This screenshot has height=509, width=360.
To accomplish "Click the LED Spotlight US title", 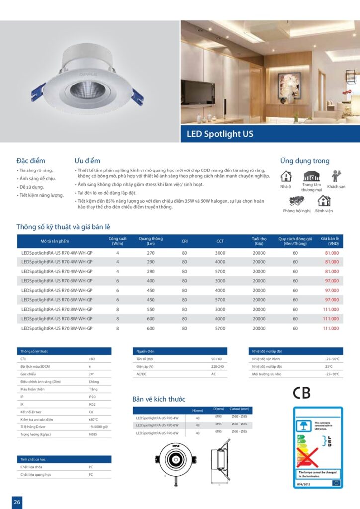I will [x=220, y=134].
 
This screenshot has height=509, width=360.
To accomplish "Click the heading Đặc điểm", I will [x=31, y=161].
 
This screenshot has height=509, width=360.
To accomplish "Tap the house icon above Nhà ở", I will [x=286, y=176].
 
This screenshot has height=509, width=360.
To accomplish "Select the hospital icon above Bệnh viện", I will [x=324, y=200].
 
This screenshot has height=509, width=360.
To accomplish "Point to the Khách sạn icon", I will [x=336, y=176].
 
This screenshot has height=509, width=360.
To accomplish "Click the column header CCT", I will [x=220, y=241].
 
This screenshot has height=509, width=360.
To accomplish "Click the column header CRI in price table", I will [x=184, y=241].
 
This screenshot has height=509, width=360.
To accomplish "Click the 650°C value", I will [x=93, y=420].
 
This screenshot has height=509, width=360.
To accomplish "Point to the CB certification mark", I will [x=301, y=393].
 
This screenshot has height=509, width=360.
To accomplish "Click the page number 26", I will [x=17, y=502].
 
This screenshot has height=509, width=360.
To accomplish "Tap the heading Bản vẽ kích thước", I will [x=159, y=399].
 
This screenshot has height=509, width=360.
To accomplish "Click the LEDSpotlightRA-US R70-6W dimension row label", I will [x=157, y=425].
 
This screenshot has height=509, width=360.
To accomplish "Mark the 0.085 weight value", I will [x=93, y=434].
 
